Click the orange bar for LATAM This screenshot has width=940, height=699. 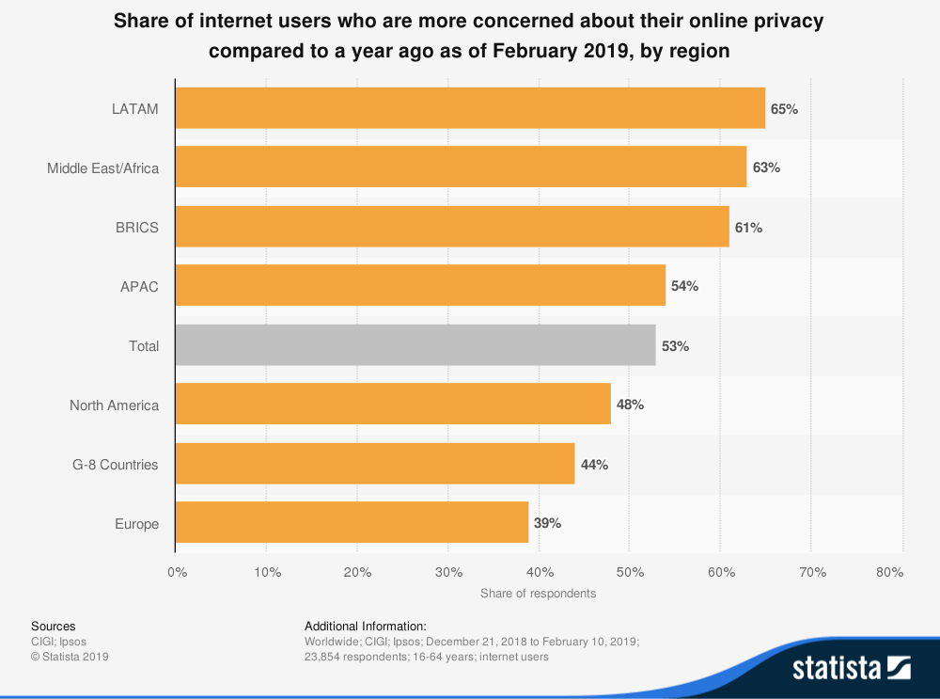(x=470, y=108)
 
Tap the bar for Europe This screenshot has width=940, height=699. (x=352, y=523)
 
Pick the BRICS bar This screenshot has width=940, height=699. (x=452, y=227)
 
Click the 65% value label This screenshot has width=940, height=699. (x=784, y=109)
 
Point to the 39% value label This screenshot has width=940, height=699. (x=547, y=523)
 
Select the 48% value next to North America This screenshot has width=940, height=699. (x=630, y=405)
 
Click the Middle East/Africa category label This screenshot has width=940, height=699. (x=103, y=168)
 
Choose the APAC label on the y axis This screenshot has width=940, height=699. (x=140, y=286)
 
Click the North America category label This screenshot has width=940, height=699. (x=114, y=405)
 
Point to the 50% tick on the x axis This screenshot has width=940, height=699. (x=629, y=572)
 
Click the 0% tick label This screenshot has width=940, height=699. (x=177, y=572)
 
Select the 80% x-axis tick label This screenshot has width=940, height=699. (x=889, y=572)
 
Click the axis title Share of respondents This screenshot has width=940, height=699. (x=538, y=594)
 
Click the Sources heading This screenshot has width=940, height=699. (x=54, y=626)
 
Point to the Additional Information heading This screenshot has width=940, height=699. (x=366, y=626)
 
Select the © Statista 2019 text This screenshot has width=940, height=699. (x=70, y=657)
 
